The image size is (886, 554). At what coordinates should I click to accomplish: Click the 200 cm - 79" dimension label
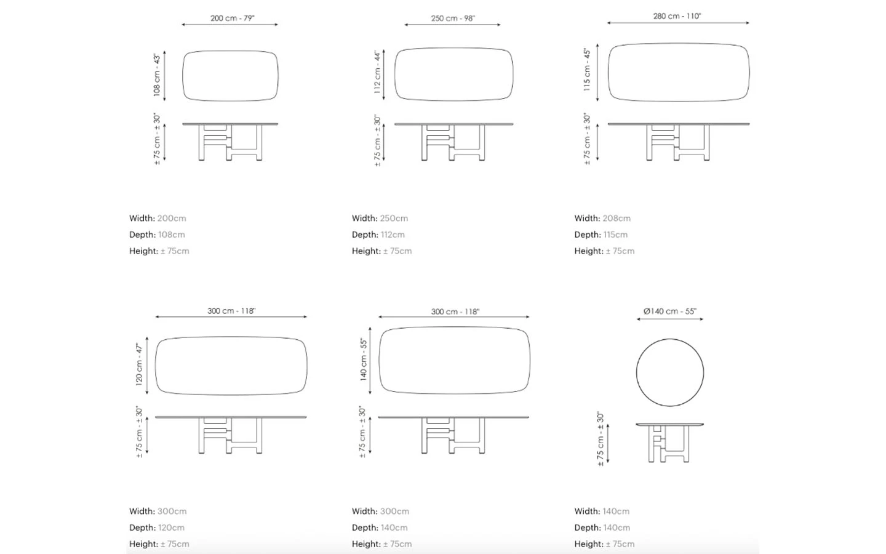232,18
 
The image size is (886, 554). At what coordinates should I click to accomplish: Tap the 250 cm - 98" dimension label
453,18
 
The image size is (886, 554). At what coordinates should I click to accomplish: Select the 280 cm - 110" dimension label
677,16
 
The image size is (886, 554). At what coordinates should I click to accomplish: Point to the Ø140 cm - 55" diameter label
669,311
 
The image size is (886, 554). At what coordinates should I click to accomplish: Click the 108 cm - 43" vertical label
157,75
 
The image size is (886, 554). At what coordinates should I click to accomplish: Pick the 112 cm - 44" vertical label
377,72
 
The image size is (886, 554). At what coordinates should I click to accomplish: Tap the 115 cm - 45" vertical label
587,70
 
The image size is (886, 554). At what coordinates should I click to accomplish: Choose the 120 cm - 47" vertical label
139,364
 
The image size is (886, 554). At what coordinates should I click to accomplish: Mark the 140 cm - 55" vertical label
364,359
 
